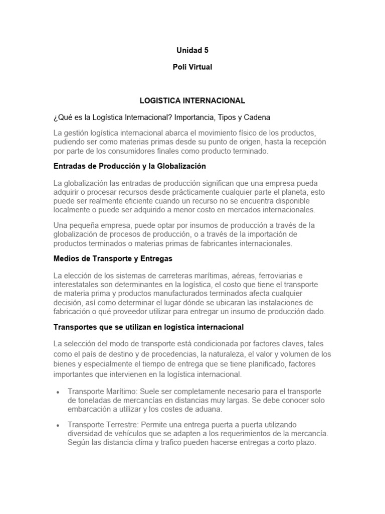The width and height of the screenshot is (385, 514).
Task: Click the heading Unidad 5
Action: [x=192, y=50]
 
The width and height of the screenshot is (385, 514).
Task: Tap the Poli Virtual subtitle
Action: [x=192, y=67]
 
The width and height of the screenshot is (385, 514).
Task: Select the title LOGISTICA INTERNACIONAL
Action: [x=192, y=100]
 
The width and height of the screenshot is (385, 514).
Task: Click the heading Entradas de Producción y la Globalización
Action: [x=130, y=166]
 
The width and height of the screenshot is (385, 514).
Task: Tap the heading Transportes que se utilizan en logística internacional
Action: [x=148, y=327]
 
